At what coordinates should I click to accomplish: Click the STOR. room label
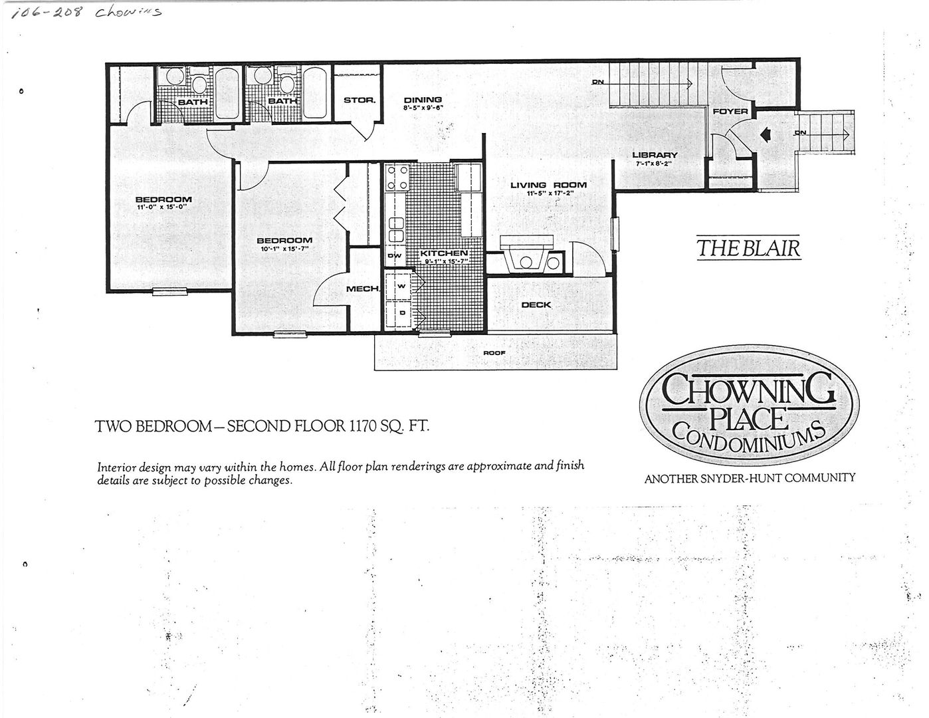tap(360, 100)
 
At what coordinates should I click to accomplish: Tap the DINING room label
tap(423, 100)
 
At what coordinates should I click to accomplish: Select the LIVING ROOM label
tap(548, 185)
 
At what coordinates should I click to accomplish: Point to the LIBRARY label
tap(655, 155)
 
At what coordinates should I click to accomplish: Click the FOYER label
tap(730, 112)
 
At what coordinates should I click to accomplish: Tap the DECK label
tap(536, 304)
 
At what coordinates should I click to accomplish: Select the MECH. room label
tap(362, 289)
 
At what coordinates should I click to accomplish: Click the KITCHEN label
tap(444, 253)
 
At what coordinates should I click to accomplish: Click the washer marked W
tap(401, 286)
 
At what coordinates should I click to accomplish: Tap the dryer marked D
tap(401, 311)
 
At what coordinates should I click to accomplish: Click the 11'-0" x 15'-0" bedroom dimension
tap(163, 207)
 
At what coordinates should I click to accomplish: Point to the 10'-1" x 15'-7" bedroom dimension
tap(284, 249)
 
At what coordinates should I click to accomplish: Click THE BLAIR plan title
tap(749, 249)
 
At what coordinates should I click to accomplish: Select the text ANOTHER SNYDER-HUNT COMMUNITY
tap(750, 477)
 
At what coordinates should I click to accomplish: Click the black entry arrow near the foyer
tap(766, 133)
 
